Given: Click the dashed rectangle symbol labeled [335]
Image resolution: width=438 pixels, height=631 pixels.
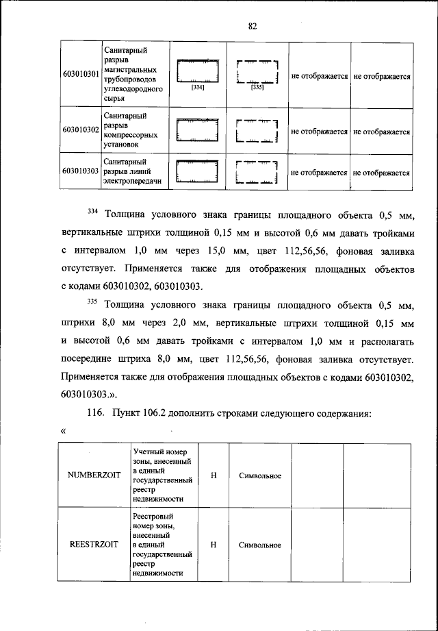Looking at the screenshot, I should pyautogui.click(x=257, y=71).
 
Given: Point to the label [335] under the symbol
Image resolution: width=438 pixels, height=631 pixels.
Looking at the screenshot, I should pyautogui.click(x=257, y=88).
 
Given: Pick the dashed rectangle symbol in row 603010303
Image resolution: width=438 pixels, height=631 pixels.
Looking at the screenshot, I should pyautogui.click(x=257, y=172).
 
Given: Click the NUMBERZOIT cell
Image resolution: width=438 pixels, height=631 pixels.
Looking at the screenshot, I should pyautogui.click(x=95, y=475).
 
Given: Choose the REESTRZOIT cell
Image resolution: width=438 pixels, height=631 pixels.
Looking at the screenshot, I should pyautogui.click(x=95, y=545).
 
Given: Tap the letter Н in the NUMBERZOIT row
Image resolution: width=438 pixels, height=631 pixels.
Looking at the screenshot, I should pyautogui.click(x=214, y=475).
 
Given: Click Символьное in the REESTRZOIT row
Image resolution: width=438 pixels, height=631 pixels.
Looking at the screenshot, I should pyautogui.click(x=260, y=545).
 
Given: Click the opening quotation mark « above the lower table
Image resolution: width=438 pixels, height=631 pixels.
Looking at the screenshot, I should pyautogui.click(x=63, y=431).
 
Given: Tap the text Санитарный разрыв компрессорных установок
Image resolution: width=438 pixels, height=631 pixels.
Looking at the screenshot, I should pyautogui.click(x=127, y=131).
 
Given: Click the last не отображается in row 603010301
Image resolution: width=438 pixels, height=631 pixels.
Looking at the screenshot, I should pyautogui.click(x=382, y=77).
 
